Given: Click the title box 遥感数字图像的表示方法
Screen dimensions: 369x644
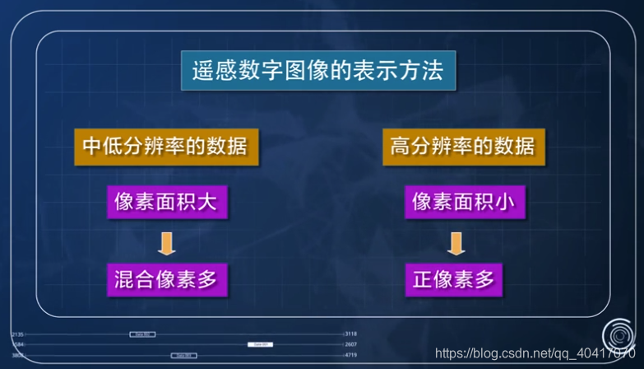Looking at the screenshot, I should [x=318, y=70].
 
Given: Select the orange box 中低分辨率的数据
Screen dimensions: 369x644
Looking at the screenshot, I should [x=160, y=147].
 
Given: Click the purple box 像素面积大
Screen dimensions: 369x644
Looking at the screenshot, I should [x=166, y=201].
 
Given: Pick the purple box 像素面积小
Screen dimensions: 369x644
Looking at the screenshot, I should [x=463, y=201].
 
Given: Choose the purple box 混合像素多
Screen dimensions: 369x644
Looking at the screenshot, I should [x=166, y=279].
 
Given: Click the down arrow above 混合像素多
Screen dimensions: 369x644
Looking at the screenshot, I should [x=167, y=241].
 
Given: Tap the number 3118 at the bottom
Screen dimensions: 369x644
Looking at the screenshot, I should [x=350, y=334].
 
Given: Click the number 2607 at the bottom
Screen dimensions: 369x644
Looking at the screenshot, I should [x=350, y=344].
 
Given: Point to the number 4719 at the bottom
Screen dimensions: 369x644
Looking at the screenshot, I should [x=350, y=355].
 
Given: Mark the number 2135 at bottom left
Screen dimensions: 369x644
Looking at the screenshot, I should [x=18, y=334].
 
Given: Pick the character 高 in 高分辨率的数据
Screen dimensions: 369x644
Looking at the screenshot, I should [x=400, y=147].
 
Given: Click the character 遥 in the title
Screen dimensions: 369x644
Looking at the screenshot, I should [x=202, y=70].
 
